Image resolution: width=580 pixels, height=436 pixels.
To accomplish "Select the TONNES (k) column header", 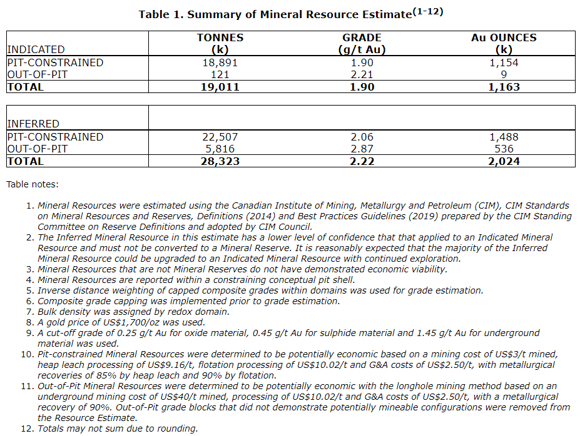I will tap(220, 44).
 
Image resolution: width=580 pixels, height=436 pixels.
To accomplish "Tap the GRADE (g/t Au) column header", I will tap(362, 44).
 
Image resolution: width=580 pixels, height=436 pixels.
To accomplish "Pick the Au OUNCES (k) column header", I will tap(504, 44).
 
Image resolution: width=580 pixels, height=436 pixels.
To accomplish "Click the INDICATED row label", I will tap(36, 49).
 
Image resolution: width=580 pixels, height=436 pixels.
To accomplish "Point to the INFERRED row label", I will tap(33, 124).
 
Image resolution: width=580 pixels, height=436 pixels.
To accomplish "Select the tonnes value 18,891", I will tap(220, 62).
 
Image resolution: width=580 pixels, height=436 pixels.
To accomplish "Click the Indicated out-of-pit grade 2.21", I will tap(362, 74).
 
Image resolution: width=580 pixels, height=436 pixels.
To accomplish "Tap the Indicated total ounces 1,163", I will tap(504, 87).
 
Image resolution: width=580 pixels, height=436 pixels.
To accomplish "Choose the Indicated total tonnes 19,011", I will tap(220, 87).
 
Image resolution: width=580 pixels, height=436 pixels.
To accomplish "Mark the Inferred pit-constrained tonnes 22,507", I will tap(220, 137).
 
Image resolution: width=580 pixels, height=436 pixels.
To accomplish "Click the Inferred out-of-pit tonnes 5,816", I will tap(220, 149).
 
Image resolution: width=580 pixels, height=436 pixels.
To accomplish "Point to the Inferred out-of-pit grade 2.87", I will tap(362, 149).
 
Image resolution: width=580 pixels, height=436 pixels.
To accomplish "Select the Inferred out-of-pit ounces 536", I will tap(504, 149).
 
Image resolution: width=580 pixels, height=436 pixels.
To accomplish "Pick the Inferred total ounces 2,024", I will tap(504, 161).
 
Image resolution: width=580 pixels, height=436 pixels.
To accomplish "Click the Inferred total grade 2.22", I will tap(362, 161).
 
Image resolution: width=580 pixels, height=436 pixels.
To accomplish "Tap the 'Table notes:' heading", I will tap(32, 184).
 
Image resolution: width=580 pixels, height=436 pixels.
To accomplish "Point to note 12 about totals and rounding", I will tap(118, 429).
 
